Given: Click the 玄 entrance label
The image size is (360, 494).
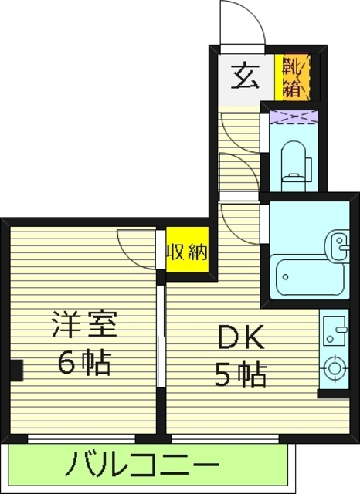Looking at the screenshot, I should coord(246,77).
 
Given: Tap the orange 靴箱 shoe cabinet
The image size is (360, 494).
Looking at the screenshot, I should coord(295,77).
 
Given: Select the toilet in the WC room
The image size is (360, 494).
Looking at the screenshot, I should coord(294,161).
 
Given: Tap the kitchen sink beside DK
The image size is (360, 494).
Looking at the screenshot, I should coord(334,333).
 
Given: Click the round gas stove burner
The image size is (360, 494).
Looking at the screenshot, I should coord(334,368).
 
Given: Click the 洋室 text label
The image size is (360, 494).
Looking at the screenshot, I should coord(84,323).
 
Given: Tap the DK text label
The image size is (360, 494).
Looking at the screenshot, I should coord(240,337).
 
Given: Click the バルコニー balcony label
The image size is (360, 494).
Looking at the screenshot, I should coord(141,466).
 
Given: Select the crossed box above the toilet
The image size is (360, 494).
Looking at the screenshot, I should coord(294,117).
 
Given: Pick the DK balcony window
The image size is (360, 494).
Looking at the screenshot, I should coord(224,438).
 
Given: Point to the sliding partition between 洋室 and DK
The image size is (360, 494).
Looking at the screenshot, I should coord(161,340).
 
